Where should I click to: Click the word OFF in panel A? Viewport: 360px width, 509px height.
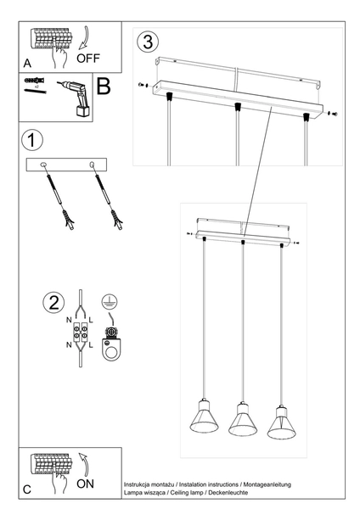pos(87,59)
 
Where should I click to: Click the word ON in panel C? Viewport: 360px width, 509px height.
pos(86,484)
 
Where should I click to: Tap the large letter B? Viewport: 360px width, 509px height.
pos(104,87)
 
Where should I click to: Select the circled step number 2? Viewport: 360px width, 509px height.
pos(53,303)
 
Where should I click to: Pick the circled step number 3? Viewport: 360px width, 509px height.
pos(148,41)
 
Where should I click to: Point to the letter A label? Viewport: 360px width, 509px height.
pos(27,64)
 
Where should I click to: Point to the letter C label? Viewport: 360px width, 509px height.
pos(27,489)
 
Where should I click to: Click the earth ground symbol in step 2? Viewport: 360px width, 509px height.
pos(108,303)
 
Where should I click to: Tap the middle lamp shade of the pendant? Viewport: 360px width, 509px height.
pos(242,422)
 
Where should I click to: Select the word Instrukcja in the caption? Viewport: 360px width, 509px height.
pos(142,481)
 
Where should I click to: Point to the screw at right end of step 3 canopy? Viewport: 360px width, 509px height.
pos(330,112)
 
